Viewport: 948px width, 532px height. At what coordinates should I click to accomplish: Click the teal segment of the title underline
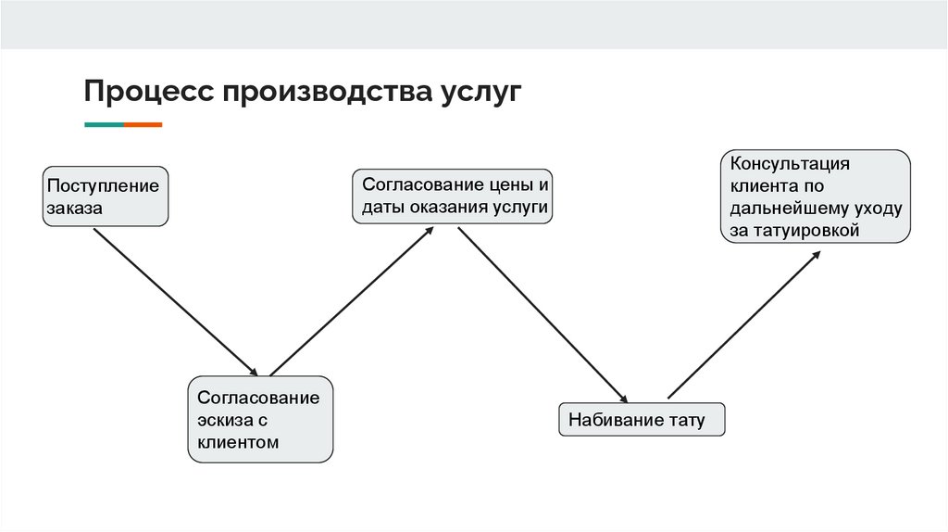click(104, 124)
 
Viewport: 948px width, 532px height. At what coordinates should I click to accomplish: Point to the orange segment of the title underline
click(143, 124)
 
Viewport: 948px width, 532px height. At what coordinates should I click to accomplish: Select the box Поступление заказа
click(106, 196)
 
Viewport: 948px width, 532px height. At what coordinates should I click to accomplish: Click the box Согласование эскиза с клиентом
click(260, 419)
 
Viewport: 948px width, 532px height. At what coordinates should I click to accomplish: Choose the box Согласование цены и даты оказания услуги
click(453, 196)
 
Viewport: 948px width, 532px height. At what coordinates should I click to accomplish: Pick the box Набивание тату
click(642, 420)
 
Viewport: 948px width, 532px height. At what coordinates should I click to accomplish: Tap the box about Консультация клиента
click(816, 196)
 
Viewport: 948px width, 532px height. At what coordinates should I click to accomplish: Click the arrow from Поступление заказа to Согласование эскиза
click(176, 301)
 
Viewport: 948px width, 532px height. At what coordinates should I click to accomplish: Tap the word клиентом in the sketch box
click(238, 442)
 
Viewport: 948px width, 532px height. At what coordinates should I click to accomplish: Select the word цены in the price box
click(511, 184)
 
